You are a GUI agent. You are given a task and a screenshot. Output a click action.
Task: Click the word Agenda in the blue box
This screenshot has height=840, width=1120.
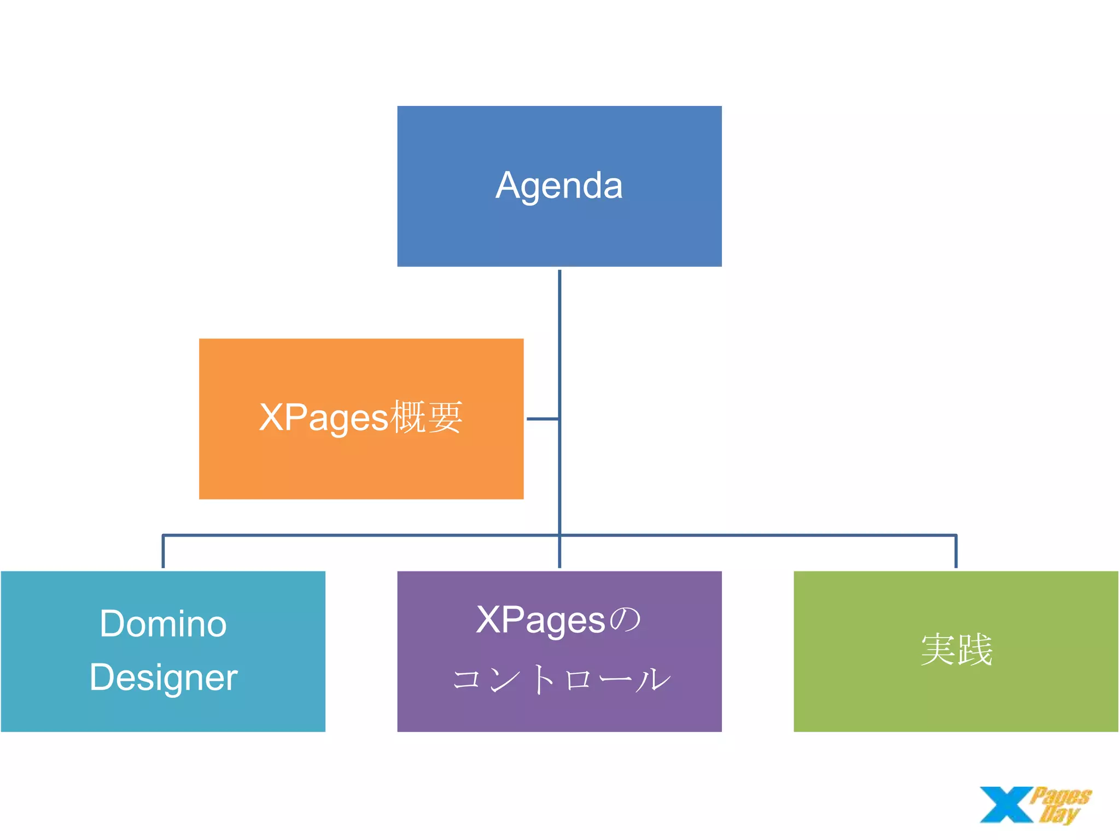[x=559, y=186]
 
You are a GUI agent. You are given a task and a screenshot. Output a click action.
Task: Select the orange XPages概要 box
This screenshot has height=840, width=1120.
[x=361, y=465]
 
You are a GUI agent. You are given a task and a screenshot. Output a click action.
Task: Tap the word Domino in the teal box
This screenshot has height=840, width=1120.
[x=163, y=624]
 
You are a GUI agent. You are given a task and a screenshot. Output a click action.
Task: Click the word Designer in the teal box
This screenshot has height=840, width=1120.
[x=163, y=678]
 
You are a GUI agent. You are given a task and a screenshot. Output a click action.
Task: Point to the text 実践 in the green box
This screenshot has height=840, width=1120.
[x=956, y=650]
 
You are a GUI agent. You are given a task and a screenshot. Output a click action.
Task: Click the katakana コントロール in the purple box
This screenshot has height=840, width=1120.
[x=561, y=680]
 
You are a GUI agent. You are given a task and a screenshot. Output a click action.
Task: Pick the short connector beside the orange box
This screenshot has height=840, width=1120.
[x=542, y=419]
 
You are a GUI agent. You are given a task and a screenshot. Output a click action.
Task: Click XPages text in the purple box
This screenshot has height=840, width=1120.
[x=540, y=621]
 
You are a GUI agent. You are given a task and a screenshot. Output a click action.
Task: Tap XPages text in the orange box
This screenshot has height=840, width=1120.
[x=324, y=418]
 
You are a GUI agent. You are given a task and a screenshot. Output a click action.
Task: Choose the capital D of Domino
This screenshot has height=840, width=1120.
[x=112, y=624]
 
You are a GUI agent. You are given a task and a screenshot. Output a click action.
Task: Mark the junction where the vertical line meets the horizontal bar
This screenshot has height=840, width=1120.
[x=559, y=535]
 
